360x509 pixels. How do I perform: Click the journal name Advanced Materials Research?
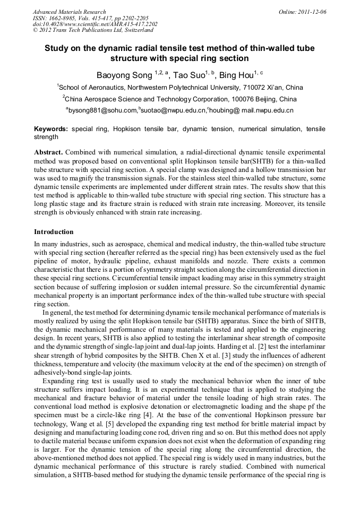[x=69, y=12]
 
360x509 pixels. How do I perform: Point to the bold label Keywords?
[x=51, y=129]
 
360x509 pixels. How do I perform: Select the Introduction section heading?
[x=54, y=232]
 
